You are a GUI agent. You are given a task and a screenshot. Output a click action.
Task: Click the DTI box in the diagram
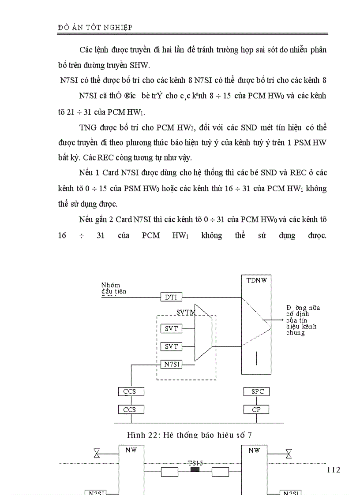tap(171, 298)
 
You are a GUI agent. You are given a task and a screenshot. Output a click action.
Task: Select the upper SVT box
tap(171, 329)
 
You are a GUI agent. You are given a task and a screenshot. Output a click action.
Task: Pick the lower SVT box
tap(171, 347)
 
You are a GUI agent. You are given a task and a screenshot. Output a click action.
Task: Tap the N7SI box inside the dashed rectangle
tap(171, 365)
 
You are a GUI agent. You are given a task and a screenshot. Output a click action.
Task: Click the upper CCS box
tap(131, 391)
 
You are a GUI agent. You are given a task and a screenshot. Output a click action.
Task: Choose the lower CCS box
tap(131, 410)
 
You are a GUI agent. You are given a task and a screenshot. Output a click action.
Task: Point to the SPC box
tap(257, 391)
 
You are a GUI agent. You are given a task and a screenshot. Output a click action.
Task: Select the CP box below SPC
tap(257, 410)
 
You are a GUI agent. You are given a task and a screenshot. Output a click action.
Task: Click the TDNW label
tap(257, 280)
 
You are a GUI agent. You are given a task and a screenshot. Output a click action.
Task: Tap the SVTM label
tap(185, 313)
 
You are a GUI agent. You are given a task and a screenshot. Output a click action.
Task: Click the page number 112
tap(334, 470)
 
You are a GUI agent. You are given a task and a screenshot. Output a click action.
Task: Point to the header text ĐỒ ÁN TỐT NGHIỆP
tap(95, 27)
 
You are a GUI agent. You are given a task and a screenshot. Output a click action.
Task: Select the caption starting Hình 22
tap(189, 435)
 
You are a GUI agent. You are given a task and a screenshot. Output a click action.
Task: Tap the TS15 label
tap(195, 463)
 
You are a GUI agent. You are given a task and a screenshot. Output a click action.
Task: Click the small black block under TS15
tap(195, 470)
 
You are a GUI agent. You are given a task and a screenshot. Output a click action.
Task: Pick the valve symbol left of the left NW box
tap(97, 453)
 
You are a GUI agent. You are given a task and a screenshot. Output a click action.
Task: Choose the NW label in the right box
tap(255, 450)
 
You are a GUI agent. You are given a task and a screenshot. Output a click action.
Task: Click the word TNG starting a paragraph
tap(87, 128)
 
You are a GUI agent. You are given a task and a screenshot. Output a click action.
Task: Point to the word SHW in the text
tap(140, 66)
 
